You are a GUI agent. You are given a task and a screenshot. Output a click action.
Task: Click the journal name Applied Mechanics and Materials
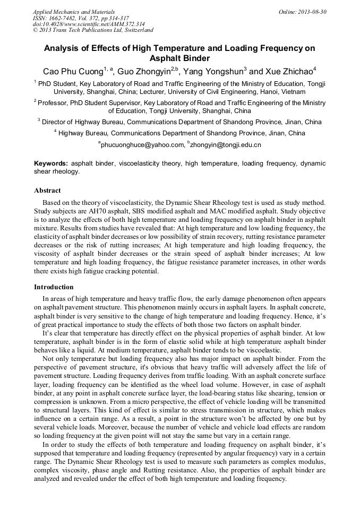click(x=74, y=12)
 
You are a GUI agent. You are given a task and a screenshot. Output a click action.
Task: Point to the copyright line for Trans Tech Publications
click(x=93, y=31)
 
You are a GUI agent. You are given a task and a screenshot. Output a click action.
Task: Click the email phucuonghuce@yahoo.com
click(x=141, y=144)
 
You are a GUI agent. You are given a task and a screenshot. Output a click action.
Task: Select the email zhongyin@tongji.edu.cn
click(x=225, y=144)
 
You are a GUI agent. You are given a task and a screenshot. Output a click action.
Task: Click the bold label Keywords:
click(x=51, y=164)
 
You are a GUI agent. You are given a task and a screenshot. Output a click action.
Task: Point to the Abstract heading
click(x=47, y=191)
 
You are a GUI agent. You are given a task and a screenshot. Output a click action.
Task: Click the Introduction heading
click(x=54, y=287)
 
